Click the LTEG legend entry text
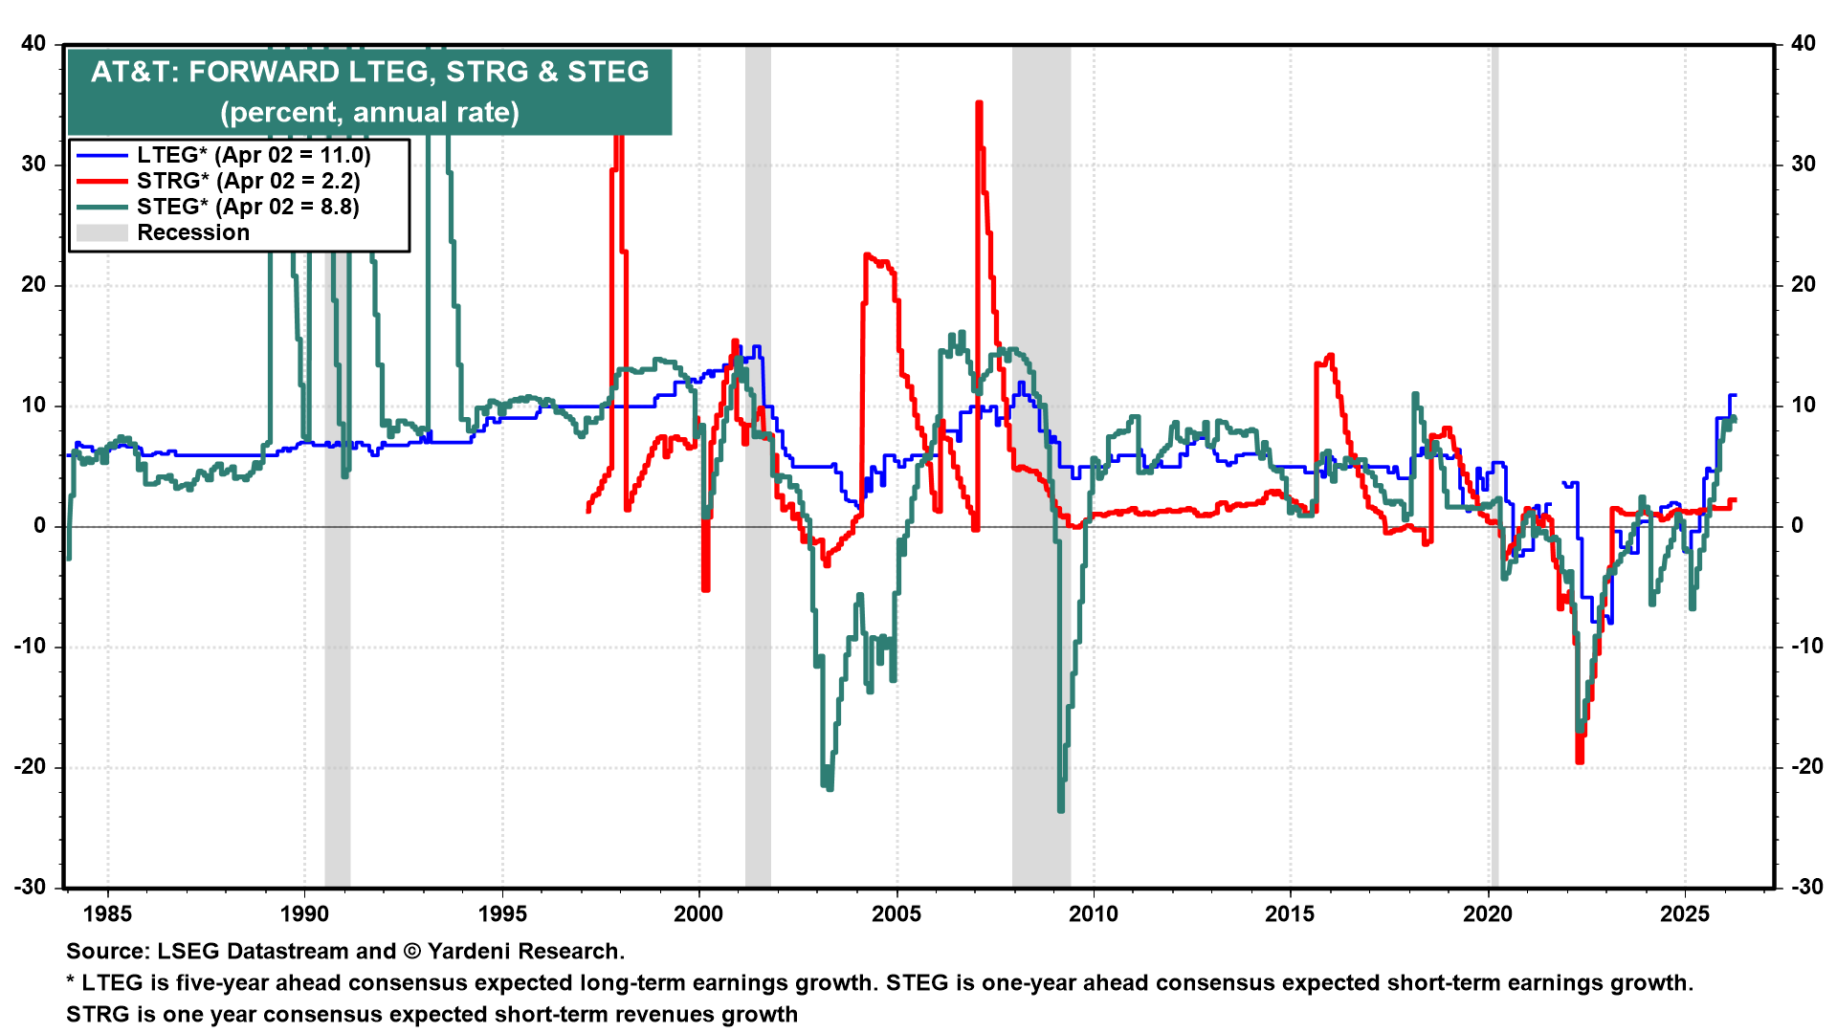[x=253, y=155]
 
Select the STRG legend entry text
[x=248, y=181]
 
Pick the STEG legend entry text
[x=248, y=207]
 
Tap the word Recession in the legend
[x=193, y=232]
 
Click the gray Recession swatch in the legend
[x=101, y=232]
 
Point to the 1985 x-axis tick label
[x=107, y=914]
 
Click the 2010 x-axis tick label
[x=1093, y=914]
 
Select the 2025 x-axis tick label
[x=1684, y=914]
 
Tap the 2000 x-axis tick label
[x=698, y=914]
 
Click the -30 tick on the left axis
[x=33, y=887]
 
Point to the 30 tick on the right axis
[x=1803, y=165]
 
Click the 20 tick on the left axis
[x=34, y=285]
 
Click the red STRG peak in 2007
[x=979, y=103]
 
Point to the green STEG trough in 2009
[x=1061, y=809]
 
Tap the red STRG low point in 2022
[x=1579, y=760]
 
